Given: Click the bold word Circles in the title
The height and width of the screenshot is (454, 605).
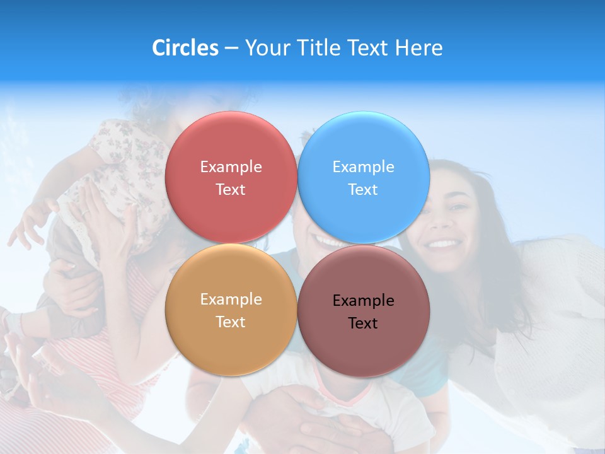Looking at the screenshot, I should [x=185, y=48].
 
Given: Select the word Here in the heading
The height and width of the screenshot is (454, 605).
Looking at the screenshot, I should [x=420, y=48].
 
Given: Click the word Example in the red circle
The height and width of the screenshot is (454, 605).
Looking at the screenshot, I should [x=231, y=167].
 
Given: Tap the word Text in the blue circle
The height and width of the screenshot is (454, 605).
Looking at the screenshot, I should [x=363, y=190].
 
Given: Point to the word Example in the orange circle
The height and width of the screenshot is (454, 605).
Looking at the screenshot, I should [x=231, y=300].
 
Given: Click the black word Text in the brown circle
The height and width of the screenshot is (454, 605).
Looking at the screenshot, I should [x=363, y=323].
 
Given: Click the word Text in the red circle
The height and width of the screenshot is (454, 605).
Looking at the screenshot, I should [x=231, y=190].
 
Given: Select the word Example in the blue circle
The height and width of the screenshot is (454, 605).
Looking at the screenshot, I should [x=363, y=167].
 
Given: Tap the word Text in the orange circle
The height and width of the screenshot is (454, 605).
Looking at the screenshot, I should [x=231, y=322].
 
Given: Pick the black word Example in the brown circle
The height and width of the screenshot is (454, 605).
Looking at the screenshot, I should [x=363, y=301].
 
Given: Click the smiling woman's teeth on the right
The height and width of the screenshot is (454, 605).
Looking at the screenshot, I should [x=444, y=243].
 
